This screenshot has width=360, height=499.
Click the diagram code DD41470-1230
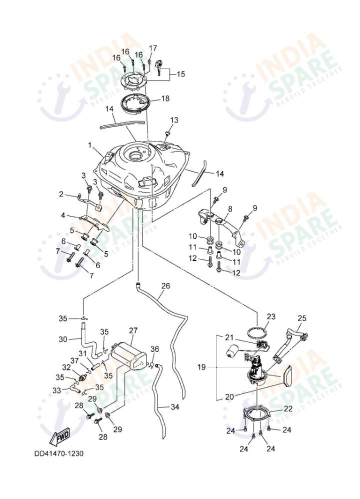click(x=58, y=454)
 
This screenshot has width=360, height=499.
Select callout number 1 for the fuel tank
click(x=91, y=145)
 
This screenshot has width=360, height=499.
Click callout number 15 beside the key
click(x=180, y=74)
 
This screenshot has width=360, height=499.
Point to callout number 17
click(x=153, y=48)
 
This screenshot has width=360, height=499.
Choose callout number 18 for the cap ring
click(x=164, y=98)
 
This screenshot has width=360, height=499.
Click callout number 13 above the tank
click(x=174, y=120)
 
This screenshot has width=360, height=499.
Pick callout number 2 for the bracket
click(x=61, y=194)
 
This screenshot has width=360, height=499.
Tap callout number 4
click(x=63, y=215)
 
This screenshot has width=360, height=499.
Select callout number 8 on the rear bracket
click(x=230, y=208)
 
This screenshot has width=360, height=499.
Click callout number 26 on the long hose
click(x=165, y=286)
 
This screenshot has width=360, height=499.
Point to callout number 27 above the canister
click(x=133, y=330)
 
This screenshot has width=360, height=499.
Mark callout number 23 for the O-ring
click(x=270, y=316)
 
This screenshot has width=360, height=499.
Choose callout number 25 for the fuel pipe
click(x=301, y=318)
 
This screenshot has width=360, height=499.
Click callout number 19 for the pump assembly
click(x=201, y=367)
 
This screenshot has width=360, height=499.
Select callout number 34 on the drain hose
click(x=174, y=407)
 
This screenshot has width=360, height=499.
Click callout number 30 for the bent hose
click(x=62, y=339)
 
